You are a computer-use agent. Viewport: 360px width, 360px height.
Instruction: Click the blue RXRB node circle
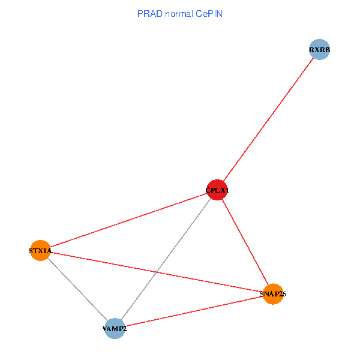320,50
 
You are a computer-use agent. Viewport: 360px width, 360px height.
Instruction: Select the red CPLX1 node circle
217,190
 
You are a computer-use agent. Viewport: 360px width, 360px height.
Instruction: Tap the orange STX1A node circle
40,250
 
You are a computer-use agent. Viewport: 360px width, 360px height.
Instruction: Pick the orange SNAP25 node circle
273,294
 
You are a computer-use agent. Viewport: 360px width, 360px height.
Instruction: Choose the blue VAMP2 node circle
114,328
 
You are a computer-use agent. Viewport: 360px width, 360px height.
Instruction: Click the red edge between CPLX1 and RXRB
268,120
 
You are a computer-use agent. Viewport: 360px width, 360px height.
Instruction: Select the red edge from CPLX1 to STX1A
128,220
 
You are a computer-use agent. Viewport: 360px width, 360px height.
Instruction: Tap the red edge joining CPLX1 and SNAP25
245,242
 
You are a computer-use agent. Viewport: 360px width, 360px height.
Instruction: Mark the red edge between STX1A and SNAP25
157,272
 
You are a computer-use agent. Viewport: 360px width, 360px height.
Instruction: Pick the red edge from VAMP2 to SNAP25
193,311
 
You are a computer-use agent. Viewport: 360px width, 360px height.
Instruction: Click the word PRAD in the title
149,13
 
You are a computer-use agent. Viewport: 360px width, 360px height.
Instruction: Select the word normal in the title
178,13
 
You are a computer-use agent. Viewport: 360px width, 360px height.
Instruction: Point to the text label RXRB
320,50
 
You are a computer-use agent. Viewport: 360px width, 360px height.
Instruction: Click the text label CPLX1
217,191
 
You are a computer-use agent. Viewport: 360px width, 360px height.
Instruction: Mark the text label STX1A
40,251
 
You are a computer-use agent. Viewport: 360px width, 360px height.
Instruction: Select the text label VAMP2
114,329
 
